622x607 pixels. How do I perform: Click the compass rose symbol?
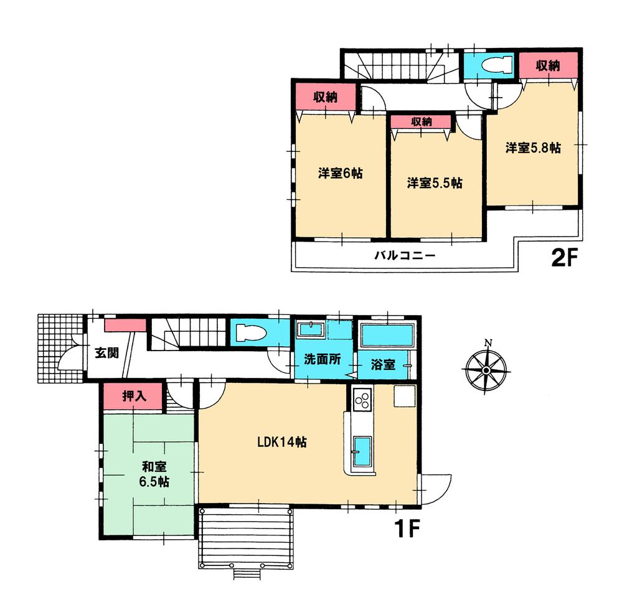coord(486,370)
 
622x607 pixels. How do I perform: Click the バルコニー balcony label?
coord(403,255)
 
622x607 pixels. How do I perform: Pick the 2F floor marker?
coord(565,257)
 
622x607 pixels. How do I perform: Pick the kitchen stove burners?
coord(361,400)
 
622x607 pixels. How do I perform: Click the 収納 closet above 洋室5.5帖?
coord(422,122)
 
